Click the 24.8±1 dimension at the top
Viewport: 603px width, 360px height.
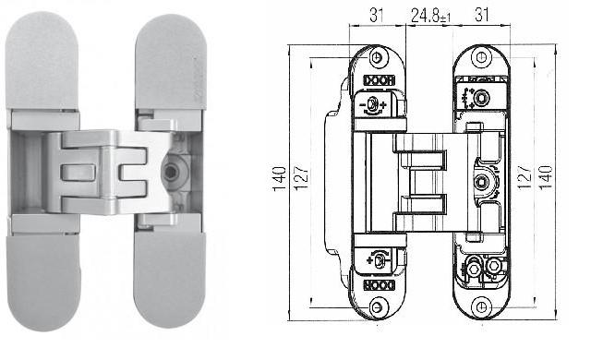point(430,17)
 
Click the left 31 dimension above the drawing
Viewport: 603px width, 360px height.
point(377,16)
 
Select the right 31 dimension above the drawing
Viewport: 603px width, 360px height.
point(482,16)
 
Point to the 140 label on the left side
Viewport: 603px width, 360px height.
point(280,178)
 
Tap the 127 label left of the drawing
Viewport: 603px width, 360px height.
point(301,177)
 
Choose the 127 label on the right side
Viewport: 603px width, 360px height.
point(525,177)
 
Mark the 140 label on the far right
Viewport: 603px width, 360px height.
point(546,177)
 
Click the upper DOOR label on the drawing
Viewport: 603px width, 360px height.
point(380,80)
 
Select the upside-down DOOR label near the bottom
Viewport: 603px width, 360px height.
point(380,285)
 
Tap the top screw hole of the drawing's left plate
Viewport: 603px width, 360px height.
point(377,57)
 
